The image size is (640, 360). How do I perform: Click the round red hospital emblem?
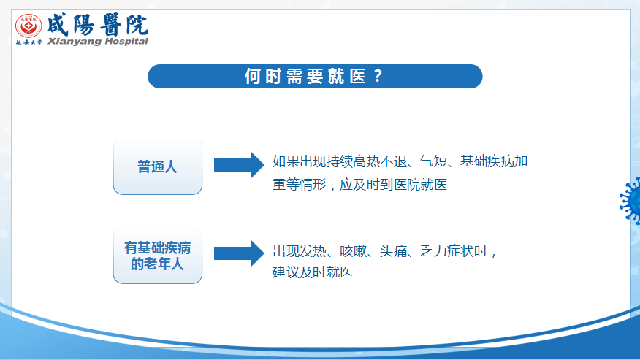[28, 26]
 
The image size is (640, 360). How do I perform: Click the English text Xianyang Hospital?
[98, 41]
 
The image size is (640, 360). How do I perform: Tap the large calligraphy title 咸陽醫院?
[98, 25]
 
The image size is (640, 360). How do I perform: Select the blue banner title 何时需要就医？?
[315, 77]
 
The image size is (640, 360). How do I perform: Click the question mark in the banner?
[378, 77]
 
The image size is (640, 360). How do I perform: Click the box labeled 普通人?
[158, 166]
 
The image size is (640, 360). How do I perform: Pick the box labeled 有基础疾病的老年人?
[158, 256]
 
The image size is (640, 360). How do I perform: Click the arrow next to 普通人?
[239, 165]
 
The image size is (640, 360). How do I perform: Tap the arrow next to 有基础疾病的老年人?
[239, 253]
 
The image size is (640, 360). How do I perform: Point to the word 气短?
[433, 161]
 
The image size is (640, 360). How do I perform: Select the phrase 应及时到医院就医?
[394, 185]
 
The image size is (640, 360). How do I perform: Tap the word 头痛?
[394, 251]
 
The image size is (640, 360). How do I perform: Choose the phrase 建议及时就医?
[313, 272]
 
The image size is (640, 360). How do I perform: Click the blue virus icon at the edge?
[631, 201]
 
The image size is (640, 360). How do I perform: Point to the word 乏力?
[433, 251]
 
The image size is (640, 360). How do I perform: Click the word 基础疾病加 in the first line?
[494, 161]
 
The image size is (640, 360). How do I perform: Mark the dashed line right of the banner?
[545, 77]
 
